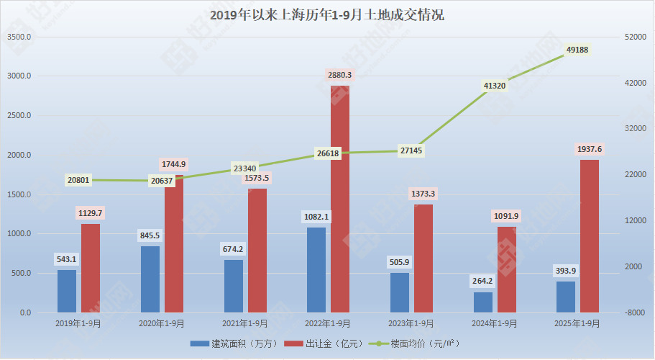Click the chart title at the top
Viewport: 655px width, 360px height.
tap(327, 14)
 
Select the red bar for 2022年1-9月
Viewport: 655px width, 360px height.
tap(340, 199)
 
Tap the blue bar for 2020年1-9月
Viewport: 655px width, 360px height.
tap(150, 279)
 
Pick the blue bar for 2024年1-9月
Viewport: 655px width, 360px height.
tap(483, 302)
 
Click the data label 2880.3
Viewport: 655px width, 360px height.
tap(340, 75)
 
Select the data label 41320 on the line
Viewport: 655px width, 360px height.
tap(495, 86)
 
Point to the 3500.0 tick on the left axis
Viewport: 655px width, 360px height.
tap(19, 37)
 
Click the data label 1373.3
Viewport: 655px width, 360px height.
tap(423, 194)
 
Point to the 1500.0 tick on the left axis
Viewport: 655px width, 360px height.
tap(19, 194)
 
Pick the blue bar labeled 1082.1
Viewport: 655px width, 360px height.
tap(316, 270)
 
